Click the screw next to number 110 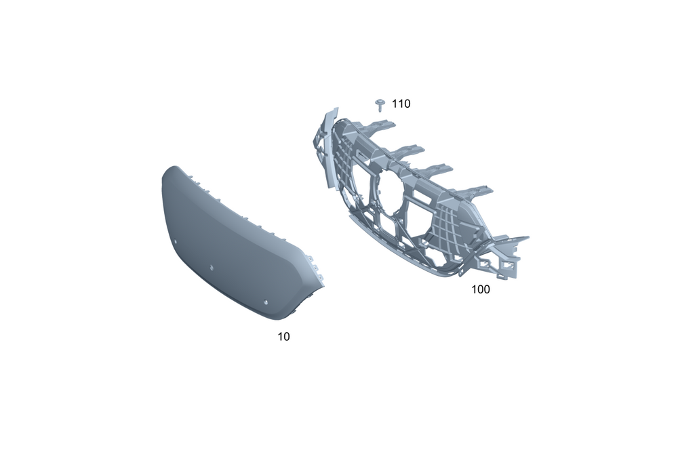click(x=380, y=105)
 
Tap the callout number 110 click(x=401, y=104)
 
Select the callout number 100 click(x=481, y=289)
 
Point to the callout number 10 click(x=283, y=336)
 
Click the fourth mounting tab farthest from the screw click(x=476, y=192)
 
